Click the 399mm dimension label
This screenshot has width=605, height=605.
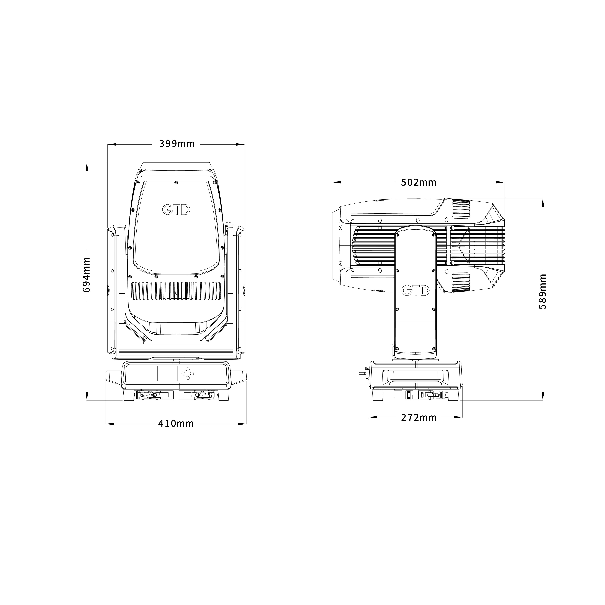(177, 144)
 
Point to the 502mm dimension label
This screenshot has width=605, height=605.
(419, 182)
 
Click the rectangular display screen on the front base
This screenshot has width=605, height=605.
(167, 373)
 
